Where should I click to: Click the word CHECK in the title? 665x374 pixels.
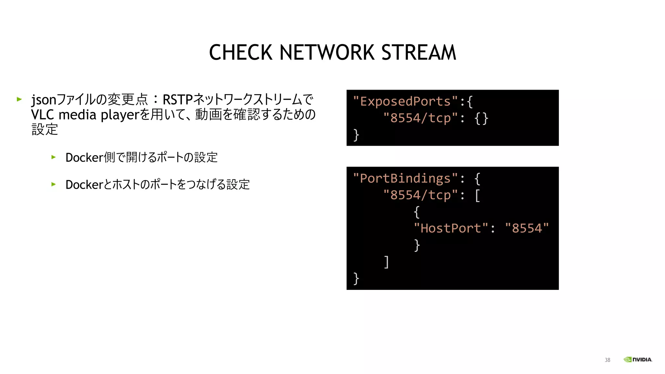click(241, 52)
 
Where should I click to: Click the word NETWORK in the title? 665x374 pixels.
click(327, 52)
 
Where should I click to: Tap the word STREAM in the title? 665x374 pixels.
click(419, 52)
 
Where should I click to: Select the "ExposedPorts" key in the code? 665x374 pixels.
click(406, 102)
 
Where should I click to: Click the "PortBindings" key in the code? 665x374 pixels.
click(406, 179)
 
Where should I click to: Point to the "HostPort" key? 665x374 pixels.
click(451, 228)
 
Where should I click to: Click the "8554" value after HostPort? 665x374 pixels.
click(527, 228)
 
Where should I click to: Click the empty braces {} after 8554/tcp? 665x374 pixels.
click(481, 118)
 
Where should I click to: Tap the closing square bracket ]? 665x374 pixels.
click(386, 262)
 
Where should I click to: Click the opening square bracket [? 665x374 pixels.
click(477, 195)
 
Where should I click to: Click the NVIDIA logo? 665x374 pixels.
click(638, 359)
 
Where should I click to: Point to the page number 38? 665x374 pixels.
click(607, 360)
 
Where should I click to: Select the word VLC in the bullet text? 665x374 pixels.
click(43, 115)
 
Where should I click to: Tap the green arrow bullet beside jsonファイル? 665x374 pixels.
click(19, 99)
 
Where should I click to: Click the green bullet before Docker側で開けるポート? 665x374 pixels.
click(54, 157)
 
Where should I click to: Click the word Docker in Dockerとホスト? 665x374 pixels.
click(84, 185)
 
